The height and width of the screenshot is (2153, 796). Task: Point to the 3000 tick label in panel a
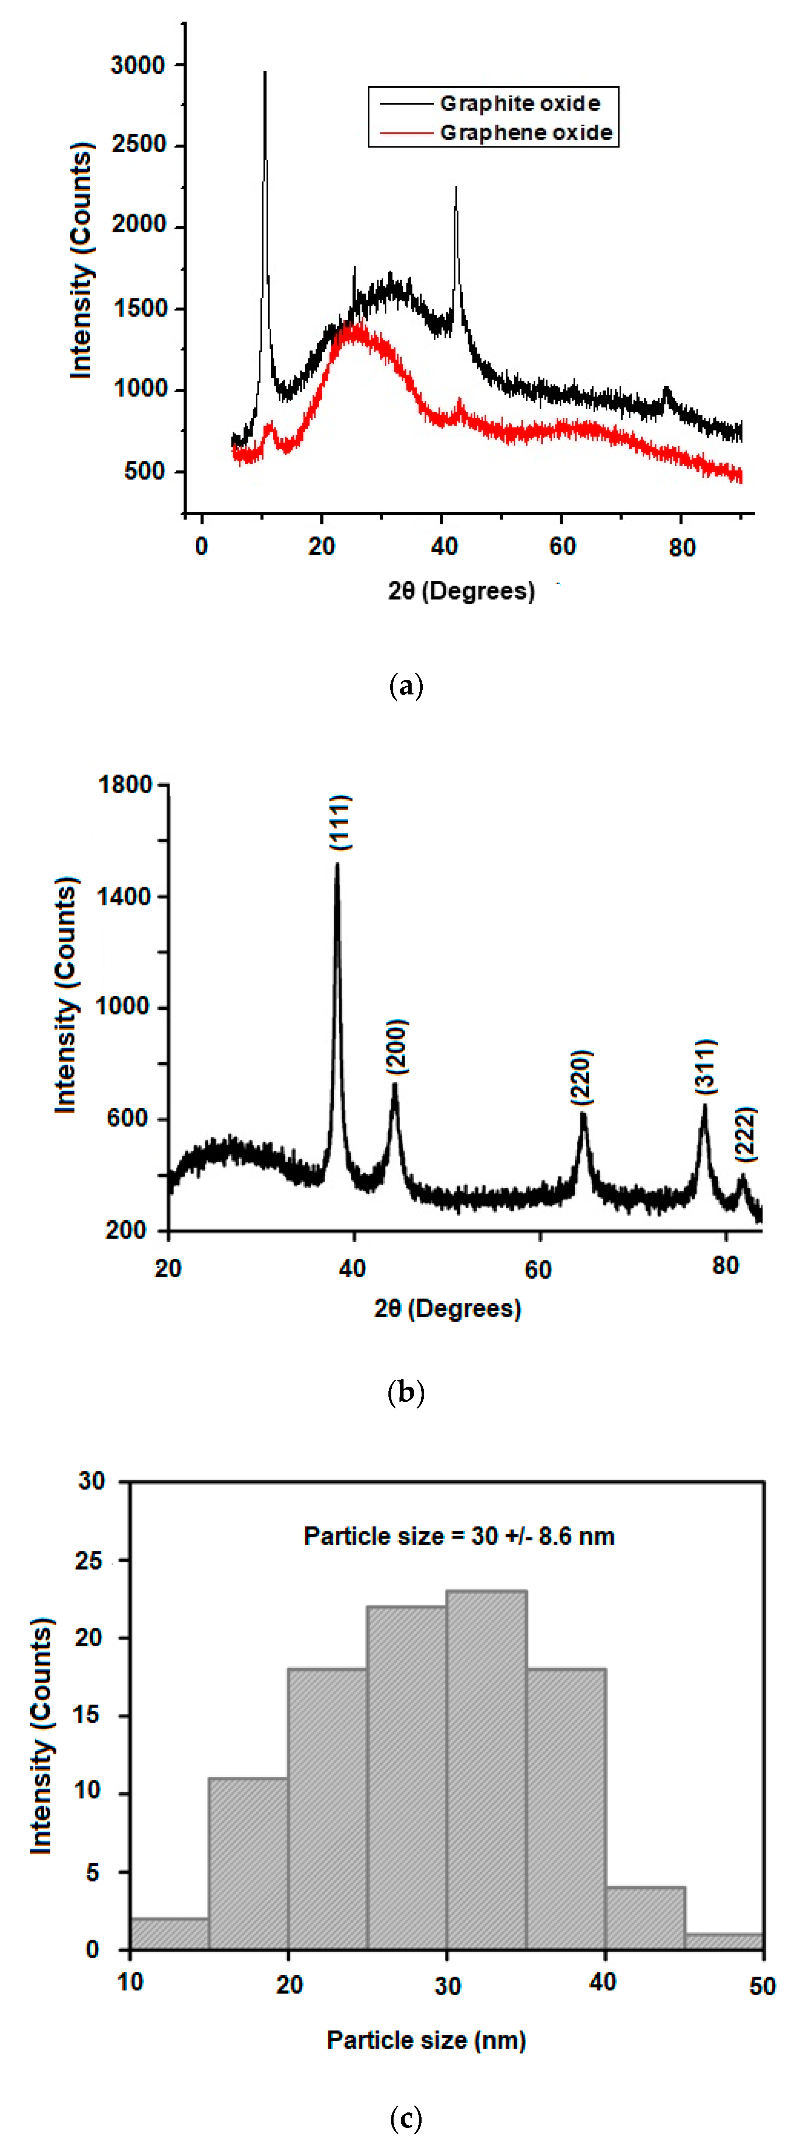click(x=138, y=65)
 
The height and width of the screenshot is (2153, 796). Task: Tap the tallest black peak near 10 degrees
click(x=265, y=75)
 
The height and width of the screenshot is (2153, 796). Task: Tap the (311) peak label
click(x=706, y=1067)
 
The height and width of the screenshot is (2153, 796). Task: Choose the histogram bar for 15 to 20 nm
click(x=248, y=1864)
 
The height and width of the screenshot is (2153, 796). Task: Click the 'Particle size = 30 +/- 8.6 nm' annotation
click(x=458, y=1536)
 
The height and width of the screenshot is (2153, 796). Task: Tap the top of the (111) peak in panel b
click(x=336, y=865)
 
